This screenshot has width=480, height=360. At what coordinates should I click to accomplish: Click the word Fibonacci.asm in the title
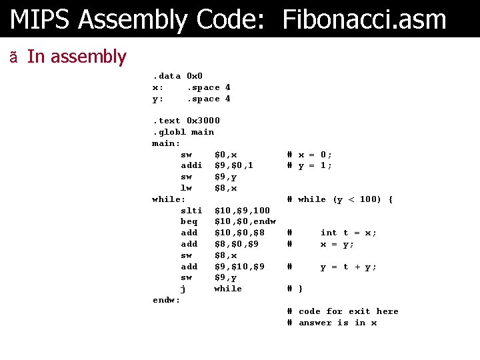[364, 19]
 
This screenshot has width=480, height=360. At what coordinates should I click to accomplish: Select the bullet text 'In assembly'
[76, 57]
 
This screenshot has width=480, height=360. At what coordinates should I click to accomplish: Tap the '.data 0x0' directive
[177, 76]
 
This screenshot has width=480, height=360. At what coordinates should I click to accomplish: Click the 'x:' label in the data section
[158, 87]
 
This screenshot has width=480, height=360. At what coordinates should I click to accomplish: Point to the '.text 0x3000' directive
[186, 121]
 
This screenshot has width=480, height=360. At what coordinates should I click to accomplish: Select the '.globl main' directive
[183, 132]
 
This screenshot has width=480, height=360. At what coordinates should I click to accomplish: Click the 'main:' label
[166, 143]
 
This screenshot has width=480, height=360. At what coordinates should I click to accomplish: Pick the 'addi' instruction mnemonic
[191, 165]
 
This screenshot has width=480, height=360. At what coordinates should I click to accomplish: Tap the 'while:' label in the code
[169, 199]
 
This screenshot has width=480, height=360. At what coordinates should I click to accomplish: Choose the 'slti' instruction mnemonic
[191, 211]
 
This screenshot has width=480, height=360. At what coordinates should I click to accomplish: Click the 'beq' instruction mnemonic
[189, 221]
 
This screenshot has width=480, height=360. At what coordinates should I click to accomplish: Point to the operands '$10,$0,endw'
[245, 221]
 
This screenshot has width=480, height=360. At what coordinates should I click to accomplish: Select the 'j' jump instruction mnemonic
[183, 289]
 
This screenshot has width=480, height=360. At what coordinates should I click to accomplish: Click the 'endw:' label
[166, 300]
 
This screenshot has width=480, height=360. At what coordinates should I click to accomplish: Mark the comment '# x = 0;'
[309, 155]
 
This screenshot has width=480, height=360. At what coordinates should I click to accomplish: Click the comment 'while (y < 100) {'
[345, 199]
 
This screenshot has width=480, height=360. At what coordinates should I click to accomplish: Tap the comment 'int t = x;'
[348, 233]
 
